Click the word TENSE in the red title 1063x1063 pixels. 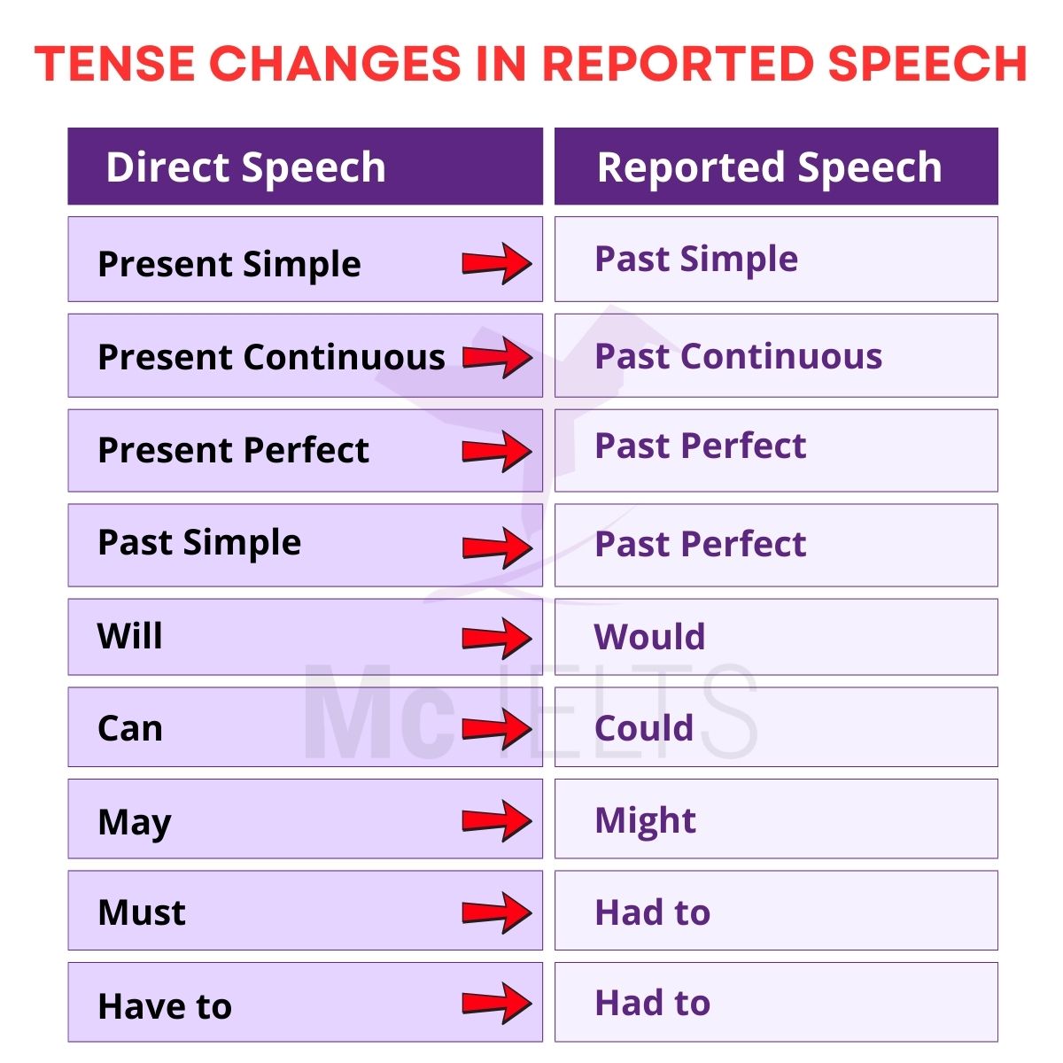click(114, 64)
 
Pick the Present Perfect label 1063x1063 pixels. click(233, 449)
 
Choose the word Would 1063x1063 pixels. click(649, 636)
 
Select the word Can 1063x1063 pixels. click(130, 728)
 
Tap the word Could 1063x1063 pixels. click(644, 727)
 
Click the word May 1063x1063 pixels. click(134, 822)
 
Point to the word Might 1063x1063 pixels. click(645, 821)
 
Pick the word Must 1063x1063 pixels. click(141, 912)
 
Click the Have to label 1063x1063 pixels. click(165, 1005)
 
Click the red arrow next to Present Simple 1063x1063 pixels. click(497, 263)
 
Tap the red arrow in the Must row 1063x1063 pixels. click(497, 912)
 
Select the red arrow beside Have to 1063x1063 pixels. click(497, 1003)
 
